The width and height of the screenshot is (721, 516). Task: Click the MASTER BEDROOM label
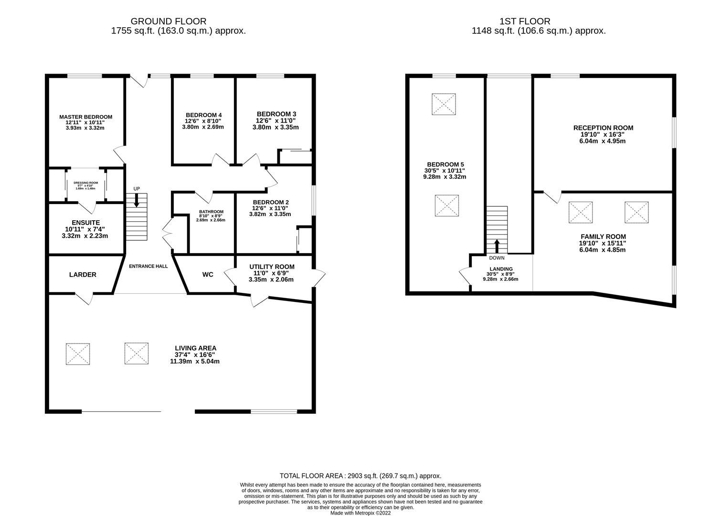(85, 117)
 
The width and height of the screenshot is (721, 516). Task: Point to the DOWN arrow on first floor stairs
(497, 246)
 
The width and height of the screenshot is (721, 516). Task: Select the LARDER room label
(83, 275)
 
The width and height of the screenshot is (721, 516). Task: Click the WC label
(208, 275)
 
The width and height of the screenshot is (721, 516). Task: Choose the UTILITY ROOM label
(272, 267)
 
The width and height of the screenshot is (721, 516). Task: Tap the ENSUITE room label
(85, 223)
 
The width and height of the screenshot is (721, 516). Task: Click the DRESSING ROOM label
(85, 183)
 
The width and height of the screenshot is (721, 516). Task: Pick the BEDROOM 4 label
(203, 115)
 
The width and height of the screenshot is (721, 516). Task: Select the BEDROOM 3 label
(276, 114)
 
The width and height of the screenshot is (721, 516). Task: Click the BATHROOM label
(211, 212)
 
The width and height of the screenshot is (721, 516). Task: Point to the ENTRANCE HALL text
(148, 266)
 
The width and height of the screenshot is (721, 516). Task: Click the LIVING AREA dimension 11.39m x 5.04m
(195, 361)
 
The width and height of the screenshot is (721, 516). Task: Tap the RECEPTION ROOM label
(603, 128)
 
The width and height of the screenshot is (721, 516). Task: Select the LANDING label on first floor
(501, 269)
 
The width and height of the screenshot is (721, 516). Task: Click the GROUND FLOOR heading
(169, 21)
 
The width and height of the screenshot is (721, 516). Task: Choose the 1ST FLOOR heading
(525, 21)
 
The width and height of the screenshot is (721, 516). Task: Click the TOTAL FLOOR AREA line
(360, 476)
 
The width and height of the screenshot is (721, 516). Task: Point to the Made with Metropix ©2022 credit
(360, 513)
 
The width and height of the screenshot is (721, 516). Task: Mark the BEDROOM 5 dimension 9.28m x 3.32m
(445, 177)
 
